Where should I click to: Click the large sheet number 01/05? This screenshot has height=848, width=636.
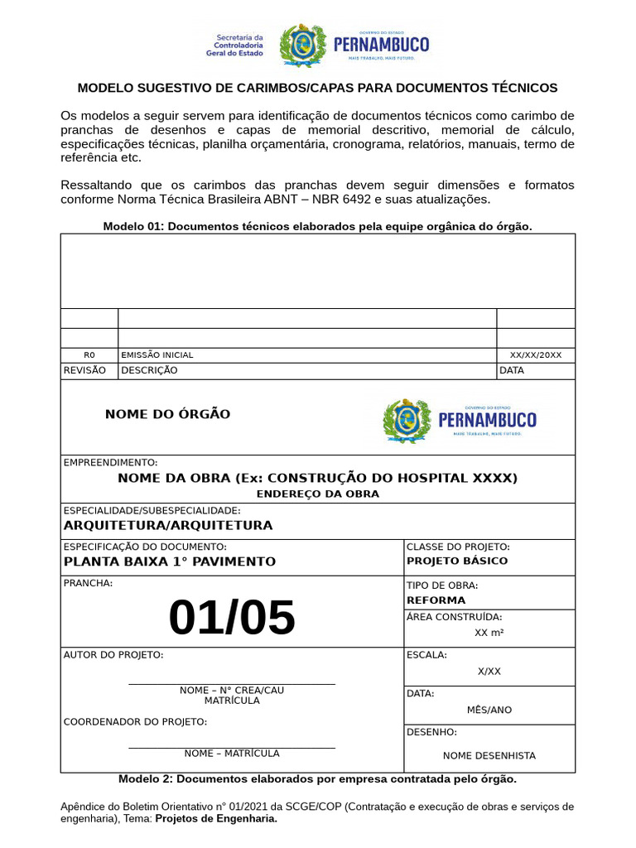pos(232,618)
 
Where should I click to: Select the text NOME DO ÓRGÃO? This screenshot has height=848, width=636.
pos(167,414)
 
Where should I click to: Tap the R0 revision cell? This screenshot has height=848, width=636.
pos(89,354)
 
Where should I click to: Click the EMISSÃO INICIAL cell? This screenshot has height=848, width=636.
pos(157,354)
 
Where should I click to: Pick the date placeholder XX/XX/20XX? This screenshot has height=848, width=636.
pos(535,354)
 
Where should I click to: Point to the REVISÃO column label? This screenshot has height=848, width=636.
pos(84,370)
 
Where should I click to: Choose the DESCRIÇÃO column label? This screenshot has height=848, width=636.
pos(149,370)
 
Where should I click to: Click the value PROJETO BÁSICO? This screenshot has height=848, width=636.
pos(457,561)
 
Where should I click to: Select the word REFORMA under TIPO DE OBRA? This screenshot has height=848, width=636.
pos(436,600)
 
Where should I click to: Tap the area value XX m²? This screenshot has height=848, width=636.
pos(489,633)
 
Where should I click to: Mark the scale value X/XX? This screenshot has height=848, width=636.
pos(489,671)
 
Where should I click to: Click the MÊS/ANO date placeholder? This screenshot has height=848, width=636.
pos(489,710)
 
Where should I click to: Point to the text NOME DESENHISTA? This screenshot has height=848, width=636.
pos(489,755)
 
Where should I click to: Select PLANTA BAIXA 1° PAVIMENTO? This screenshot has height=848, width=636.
pos(170,561)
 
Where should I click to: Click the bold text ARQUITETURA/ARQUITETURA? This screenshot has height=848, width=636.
pos(168,525)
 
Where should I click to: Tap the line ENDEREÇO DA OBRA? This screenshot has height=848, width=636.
pos(317,494)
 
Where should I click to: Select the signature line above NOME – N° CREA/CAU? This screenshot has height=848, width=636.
pos(232,684)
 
